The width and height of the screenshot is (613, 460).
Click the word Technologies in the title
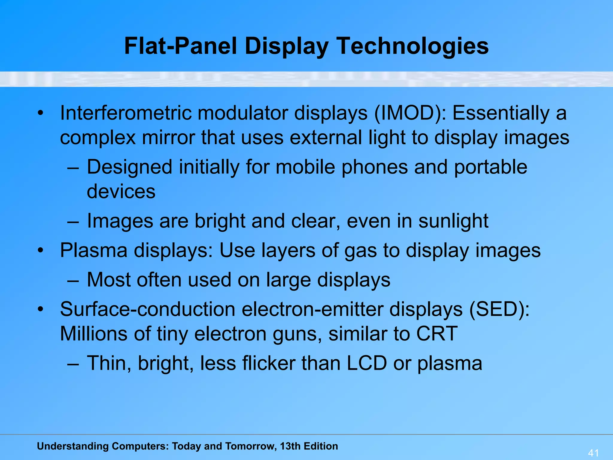point(413,46)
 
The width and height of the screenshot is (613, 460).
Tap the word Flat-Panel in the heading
point(181,46)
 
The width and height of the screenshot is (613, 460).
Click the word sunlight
point(453,221)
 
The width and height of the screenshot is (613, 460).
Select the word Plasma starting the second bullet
point(94,250)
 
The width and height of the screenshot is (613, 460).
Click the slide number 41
point(594,453)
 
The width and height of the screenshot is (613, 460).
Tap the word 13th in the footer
point(290,446)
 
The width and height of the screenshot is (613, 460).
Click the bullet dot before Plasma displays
point(41,250)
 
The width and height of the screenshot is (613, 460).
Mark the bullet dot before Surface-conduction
point(41,309)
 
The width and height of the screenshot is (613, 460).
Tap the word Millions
point(94,334)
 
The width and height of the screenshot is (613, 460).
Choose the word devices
point(121,192)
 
